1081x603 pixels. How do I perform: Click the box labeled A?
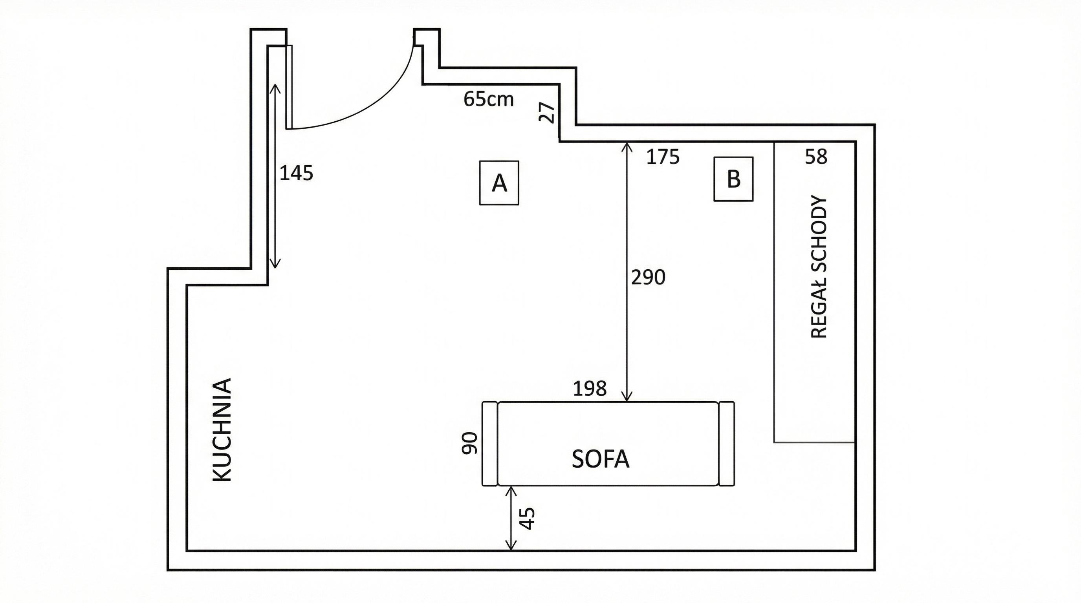[499, 183]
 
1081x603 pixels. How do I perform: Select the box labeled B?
[733, 179]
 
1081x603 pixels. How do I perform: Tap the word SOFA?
[601, 459]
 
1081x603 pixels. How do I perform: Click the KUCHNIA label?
[222, 430]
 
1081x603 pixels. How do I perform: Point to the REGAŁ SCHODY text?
[819, 267]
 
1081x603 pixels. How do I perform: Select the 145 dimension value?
[296, 173]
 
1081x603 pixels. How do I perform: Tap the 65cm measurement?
[489, 99]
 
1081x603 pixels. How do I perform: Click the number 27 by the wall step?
[547, 112]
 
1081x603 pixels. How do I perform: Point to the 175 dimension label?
[663, 157]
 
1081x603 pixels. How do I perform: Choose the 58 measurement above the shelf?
[816, 156]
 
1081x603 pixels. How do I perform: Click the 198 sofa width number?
[590, 389]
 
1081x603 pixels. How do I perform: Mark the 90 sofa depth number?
[469, 443]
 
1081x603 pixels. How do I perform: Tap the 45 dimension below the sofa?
[528, 518]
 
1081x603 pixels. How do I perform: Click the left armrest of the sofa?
[490, 444]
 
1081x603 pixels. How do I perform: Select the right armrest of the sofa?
[726, 444]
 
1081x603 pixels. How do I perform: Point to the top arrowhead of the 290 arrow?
[627, 145]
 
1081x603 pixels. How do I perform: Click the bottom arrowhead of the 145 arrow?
[275, 265]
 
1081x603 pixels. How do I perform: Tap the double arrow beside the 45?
[511, 518]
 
